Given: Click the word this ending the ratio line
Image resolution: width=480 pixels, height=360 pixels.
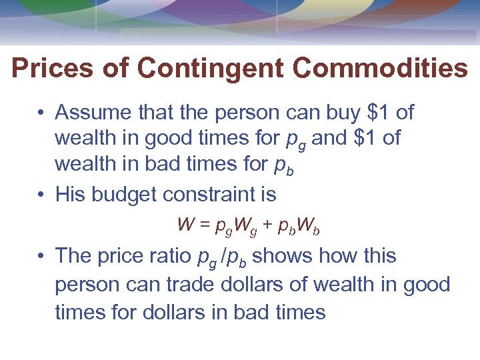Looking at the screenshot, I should [x=377, y=255].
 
